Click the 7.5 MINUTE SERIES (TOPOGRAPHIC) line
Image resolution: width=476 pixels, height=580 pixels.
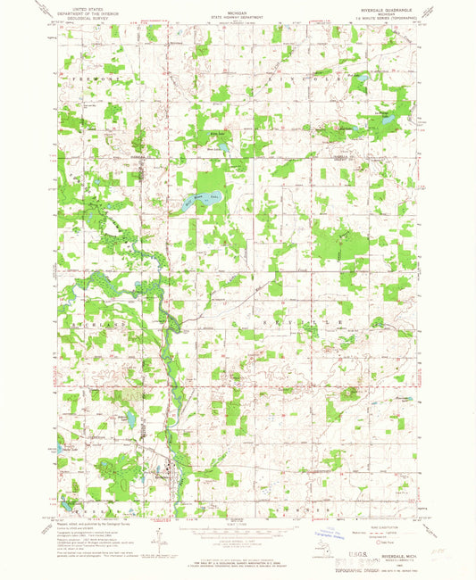click(x=384, y=21)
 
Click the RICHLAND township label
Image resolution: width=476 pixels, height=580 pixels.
click(x=86, y=318)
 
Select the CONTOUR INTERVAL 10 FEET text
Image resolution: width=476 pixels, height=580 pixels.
click(x=236, y=540)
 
